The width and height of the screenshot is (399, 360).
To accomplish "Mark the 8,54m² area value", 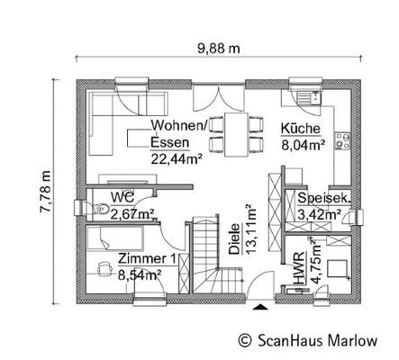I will [x=140, y=274].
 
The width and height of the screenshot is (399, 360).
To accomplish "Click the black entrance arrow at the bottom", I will [x=260, y=308].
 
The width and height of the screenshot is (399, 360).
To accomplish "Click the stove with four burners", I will [x=342, y=140].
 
